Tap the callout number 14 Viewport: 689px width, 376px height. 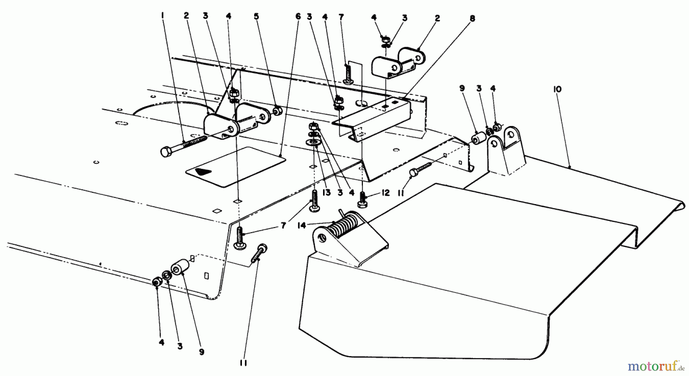click(x=302, y=226)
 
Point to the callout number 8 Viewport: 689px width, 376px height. click(x=472, y=18)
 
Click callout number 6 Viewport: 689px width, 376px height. click(x=298, y=16)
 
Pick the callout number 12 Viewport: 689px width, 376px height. click(x=385, y=193)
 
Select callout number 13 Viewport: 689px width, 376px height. click(x=326, y=193)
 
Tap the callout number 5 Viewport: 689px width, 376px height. click(x=256, y=16)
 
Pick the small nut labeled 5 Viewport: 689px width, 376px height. click(x=279, y=111)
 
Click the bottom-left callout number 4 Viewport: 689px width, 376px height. click(x=161, y=343)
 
